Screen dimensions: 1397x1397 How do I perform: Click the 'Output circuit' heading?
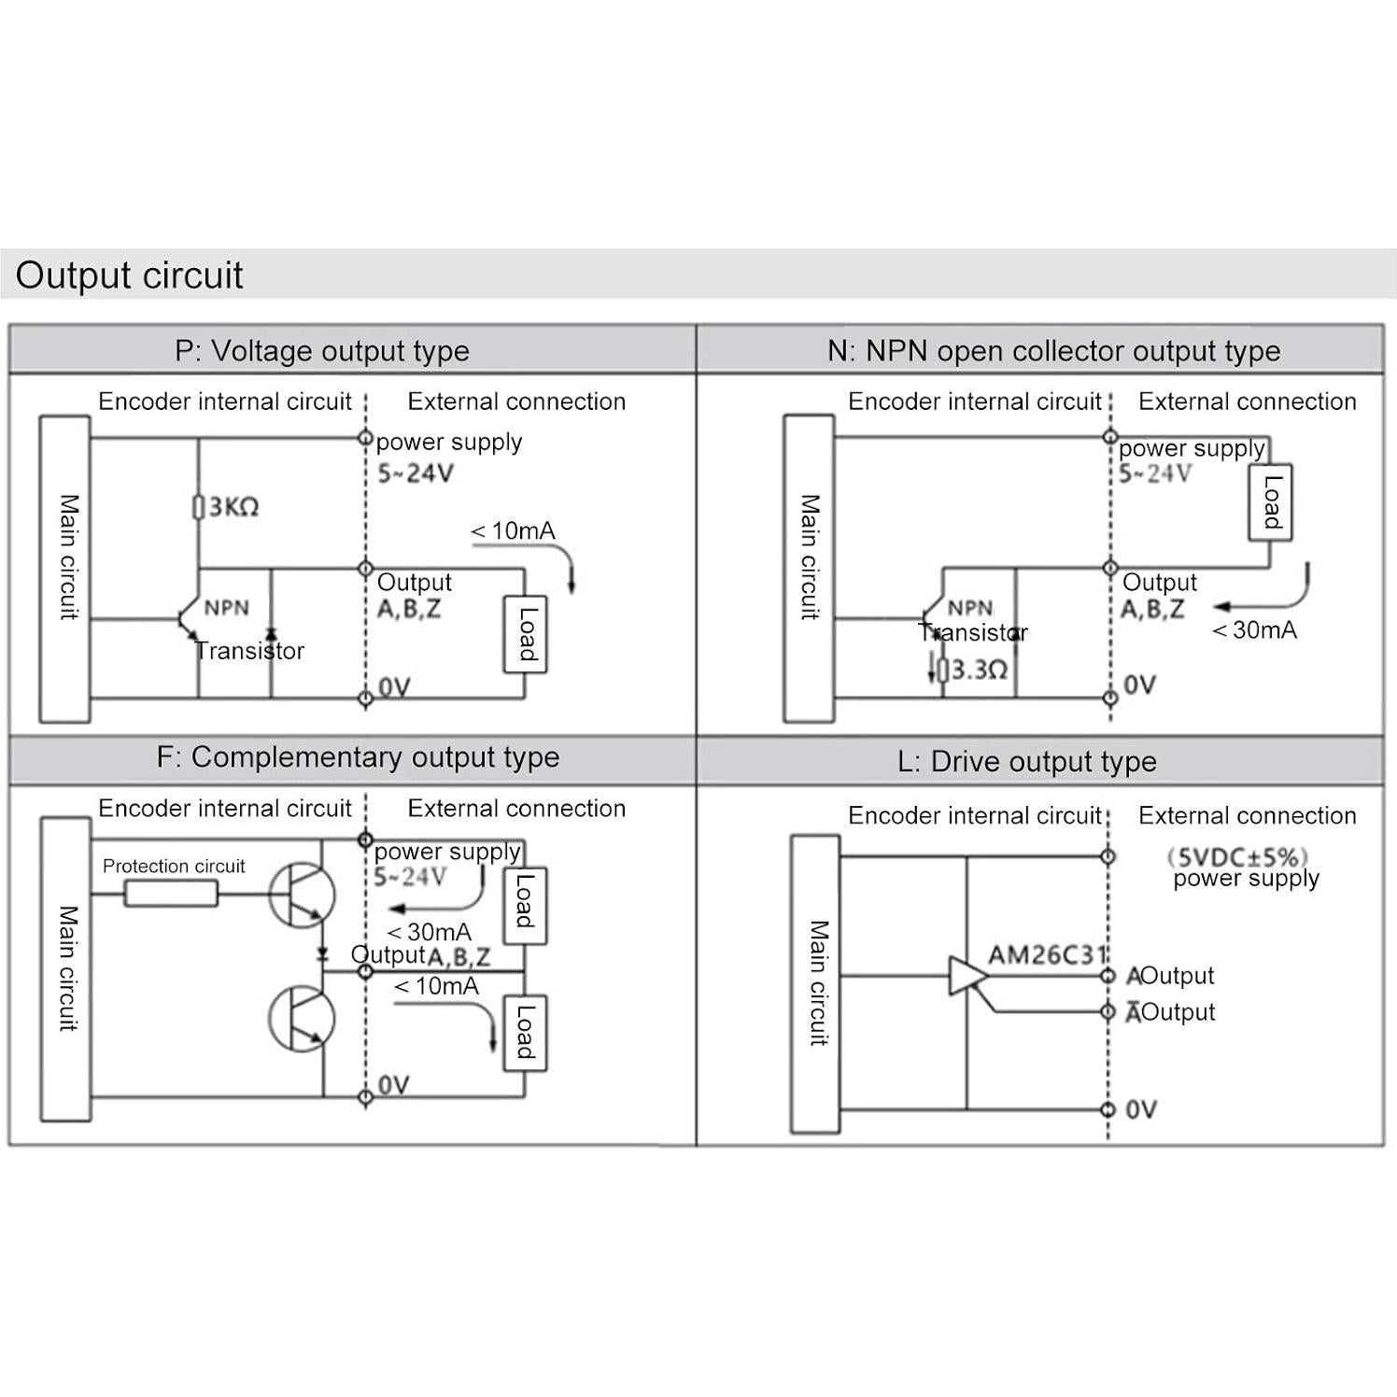coord(129,275)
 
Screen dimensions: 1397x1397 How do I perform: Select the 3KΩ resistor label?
coord(233,507)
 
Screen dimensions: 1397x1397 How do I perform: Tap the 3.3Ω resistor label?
coord(978,670)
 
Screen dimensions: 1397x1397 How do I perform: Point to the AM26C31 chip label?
coord(1047,955)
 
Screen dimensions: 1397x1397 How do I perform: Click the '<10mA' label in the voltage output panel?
coord(513,531)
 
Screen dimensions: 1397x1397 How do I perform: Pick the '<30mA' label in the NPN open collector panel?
coord(1254,630)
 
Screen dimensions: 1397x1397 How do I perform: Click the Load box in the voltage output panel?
coord(526,634)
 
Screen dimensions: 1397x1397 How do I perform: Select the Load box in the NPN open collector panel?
coord(1270,501)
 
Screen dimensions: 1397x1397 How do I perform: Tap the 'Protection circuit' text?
coord(174,867)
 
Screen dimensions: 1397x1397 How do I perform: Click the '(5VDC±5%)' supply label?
coord(1236,857)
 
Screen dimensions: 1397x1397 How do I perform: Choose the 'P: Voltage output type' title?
coord(322,351)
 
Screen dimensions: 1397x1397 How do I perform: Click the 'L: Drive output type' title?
coord(1027,762)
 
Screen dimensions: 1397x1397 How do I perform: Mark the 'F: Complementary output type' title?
coord(358,757)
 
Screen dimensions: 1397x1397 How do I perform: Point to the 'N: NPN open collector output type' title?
coord(1053,351)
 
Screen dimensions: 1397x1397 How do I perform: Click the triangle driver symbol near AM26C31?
coord(967,976)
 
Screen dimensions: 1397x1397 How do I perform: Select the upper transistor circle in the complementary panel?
coord(301,894)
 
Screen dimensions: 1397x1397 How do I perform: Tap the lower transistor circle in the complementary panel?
coord(301,1019)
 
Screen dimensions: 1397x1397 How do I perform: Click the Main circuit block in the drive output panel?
coord(815,983)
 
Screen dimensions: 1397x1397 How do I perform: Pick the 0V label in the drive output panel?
coord(1141,1109)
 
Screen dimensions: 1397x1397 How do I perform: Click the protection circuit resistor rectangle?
coord(171,894)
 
